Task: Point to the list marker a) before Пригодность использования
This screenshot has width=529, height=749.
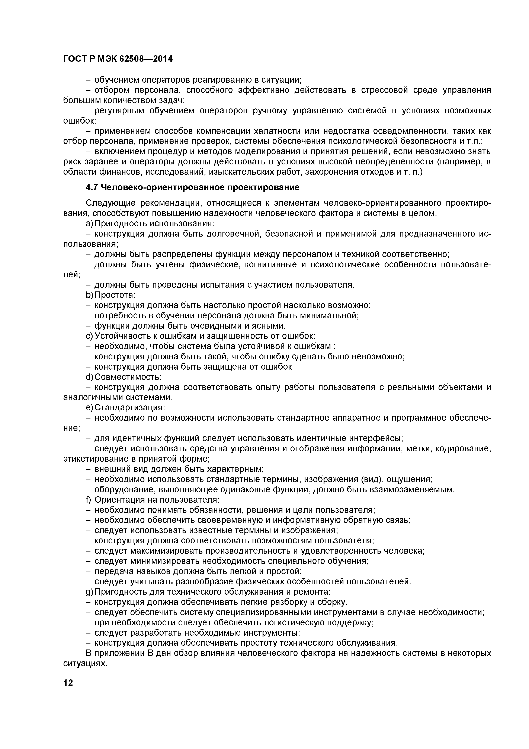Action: point(89,224)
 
